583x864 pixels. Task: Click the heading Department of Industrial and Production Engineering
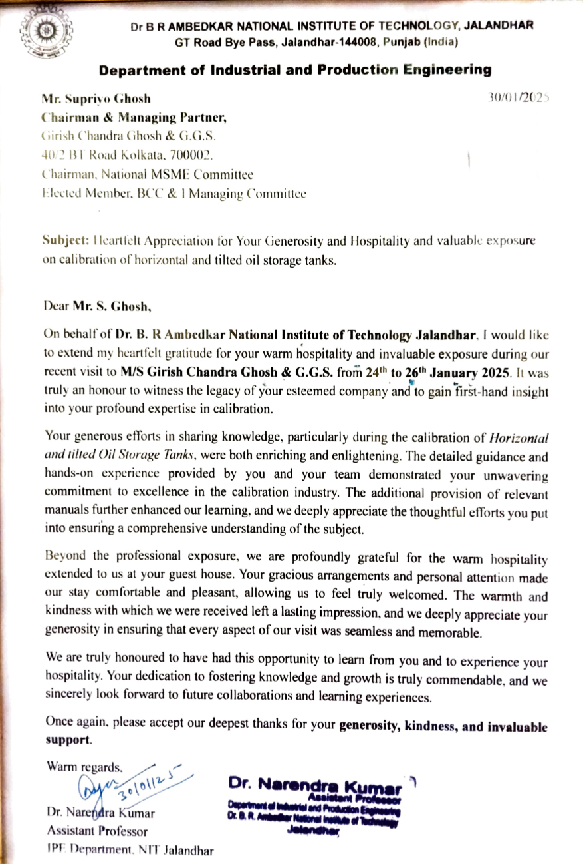(x=296, y=70)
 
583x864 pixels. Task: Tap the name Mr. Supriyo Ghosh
(x=96, y=99)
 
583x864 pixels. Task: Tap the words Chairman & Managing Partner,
(x=134, y=118)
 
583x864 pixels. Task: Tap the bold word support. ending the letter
(x=68, y=740)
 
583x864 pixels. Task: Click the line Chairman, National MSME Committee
(x=148, y=175)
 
